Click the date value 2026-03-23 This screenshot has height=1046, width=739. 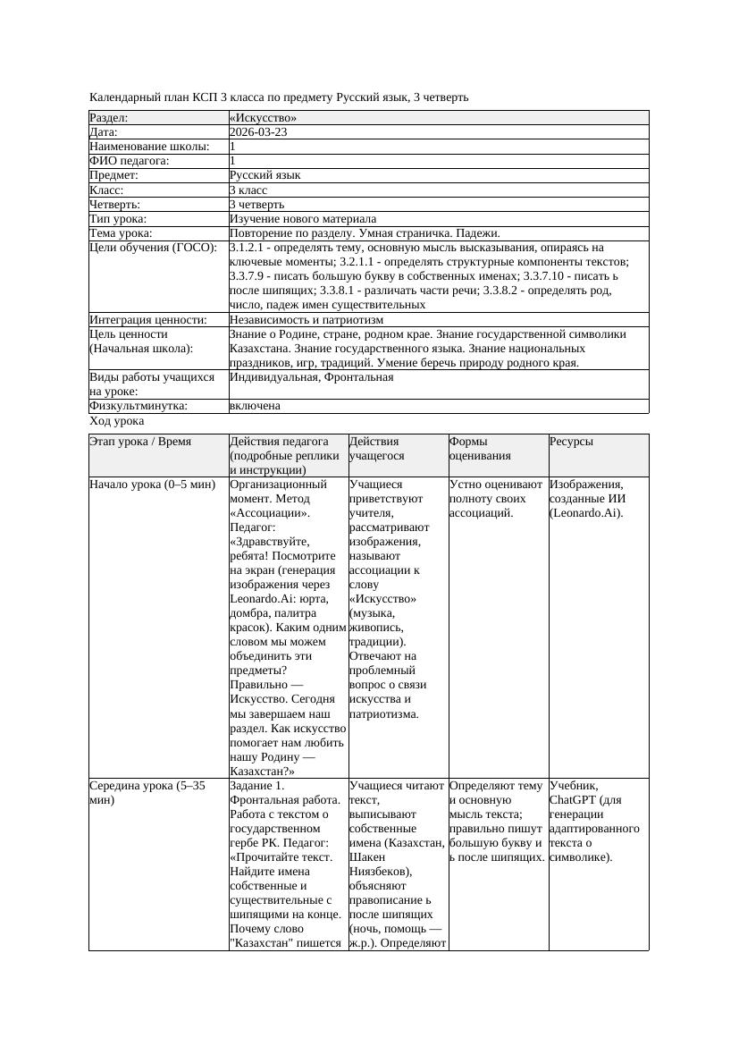[258, 132]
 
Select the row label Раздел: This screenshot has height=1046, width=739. [109, 118]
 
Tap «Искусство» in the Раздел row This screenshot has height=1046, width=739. [263, 118]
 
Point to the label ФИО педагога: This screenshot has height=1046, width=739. [130, 161]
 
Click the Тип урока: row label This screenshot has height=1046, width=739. [118, 219]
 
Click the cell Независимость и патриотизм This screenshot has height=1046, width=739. [307, 319]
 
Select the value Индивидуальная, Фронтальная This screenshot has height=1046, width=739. [311, 377]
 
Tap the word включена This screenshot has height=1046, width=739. [255, 406]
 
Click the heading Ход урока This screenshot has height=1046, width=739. [117, 420]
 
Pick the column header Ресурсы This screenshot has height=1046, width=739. [571, 442]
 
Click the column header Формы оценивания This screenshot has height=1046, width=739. [480, 448]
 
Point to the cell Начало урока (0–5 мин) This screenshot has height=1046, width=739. [153, 485]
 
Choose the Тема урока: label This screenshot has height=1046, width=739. [121, 233]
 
